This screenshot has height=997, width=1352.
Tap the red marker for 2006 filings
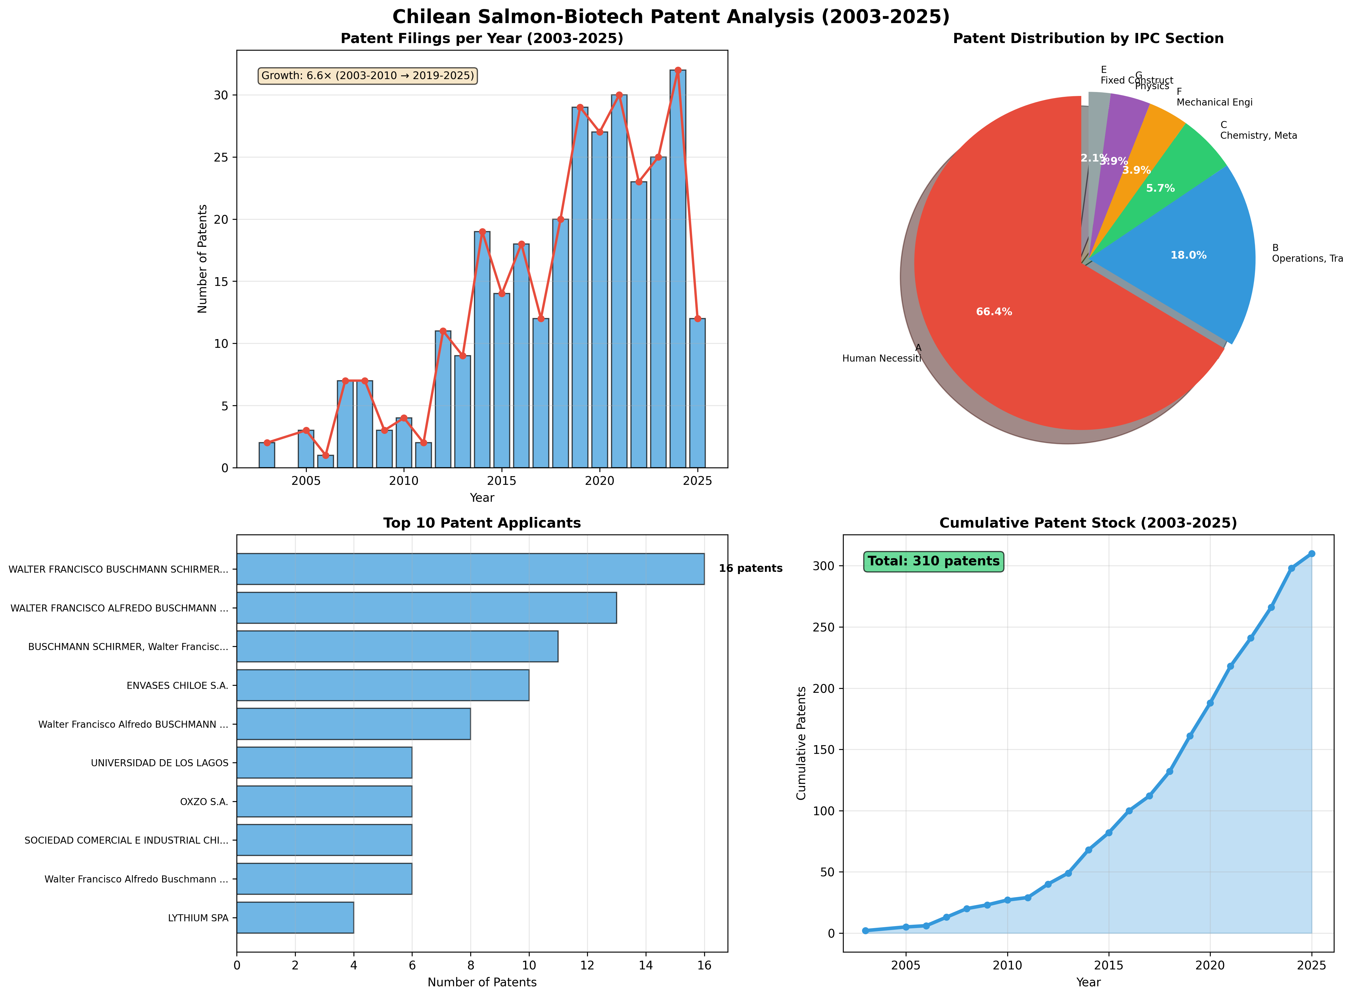click(325, 455)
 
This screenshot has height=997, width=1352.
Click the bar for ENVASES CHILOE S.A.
click(383, 685)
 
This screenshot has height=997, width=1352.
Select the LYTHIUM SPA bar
click(295, 917)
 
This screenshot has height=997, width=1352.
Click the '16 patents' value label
click(750, 568)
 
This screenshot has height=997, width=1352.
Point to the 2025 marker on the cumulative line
click(1311, 554)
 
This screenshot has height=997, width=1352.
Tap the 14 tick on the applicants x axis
click(646, 965)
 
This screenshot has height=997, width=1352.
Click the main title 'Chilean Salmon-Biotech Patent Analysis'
click(671, 16)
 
